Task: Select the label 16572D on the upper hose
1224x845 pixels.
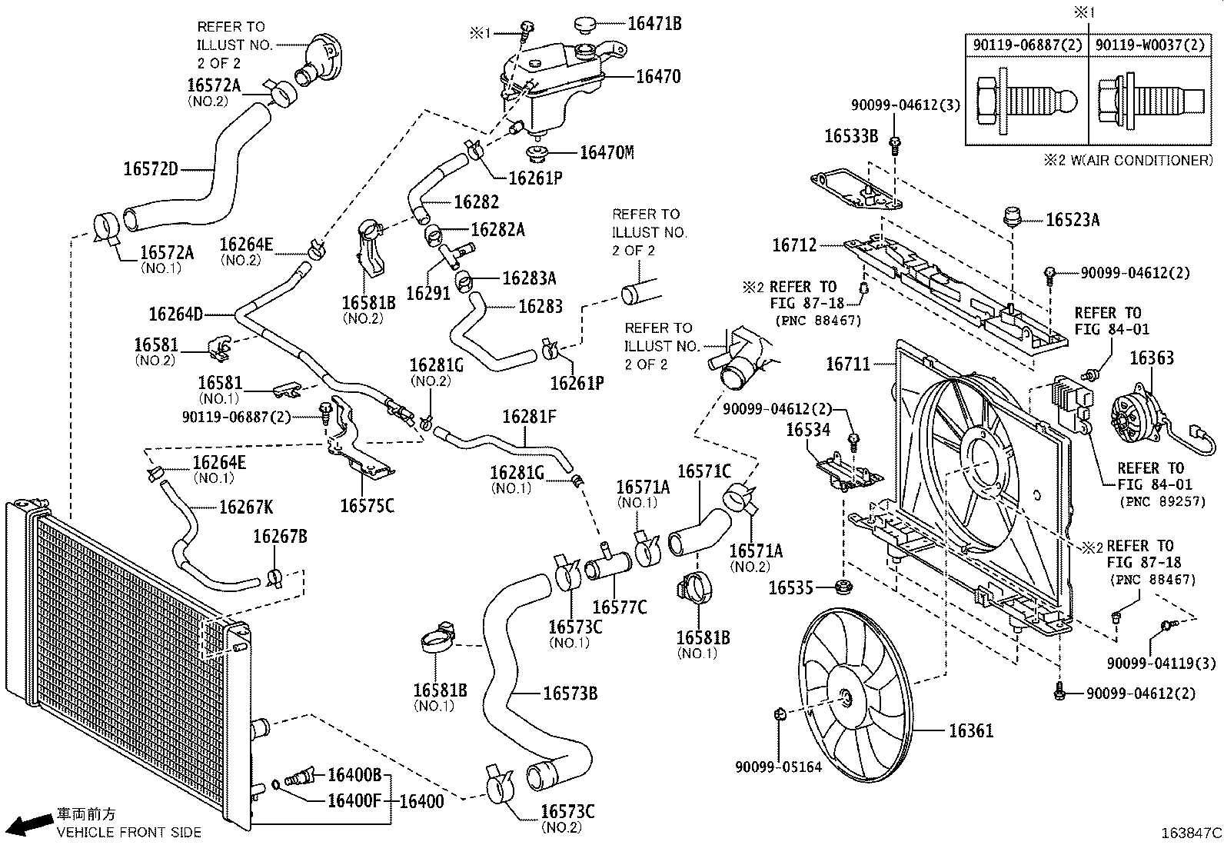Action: (x=151, y=168)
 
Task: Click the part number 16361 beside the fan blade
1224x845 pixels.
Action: (x=970, y=730)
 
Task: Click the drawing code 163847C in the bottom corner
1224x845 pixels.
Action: (x=1191, y=833)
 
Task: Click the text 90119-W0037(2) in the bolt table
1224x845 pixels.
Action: (x=1149, y=45)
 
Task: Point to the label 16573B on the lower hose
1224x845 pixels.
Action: (x=570, y=693)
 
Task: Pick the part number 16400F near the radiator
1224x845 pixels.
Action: (x=354, y=800)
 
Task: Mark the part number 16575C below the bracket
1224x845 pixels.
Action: (x=367, y=505)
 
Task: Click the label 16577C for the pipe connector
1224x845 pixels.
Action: (x=620, y=607)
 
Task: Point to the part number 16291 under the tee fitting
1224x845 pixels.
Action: (x=427, y=293)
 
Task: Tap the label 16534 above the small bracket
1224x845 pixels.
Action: (x=808, y=429)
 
